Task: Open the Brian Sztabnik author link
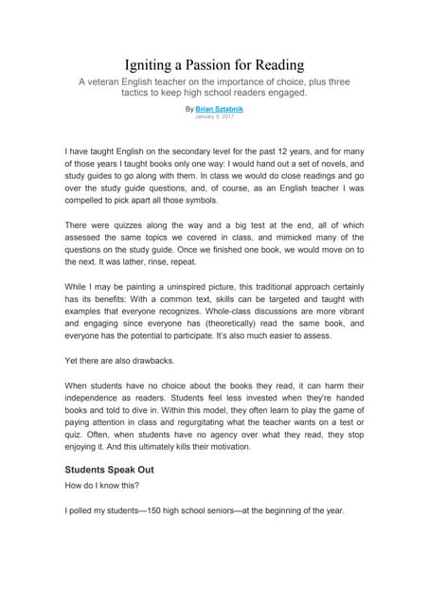click(219, 109)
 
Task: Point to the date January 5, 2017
click(214, 116)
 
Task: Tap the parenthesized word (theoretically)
click(241, 336)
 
